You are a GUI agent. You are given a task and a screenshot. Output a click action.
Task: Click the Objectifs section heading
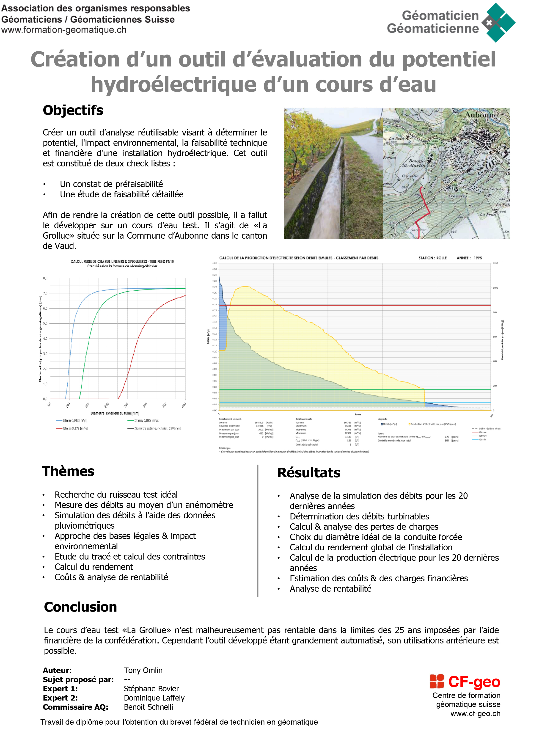73,110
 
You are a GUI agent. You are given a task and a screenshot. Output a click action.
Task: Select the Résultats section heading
308,473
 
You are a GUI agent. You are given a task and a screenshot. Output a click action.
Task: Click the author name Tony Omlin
143,670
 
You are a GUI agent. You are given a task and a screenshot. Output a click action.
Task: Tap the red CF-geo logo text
474,682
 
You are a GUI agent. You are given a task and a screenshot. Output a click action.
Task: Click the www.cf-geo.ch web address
475,714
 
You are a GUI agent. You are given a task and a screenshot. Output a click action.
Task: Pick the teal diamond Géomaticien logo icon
498,22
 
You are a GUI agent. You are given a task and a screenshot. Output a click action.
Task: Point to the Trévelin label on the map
457,196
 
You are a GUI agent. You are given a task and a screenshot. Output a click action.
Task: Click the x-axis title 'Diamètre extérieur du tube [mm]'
115,413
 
